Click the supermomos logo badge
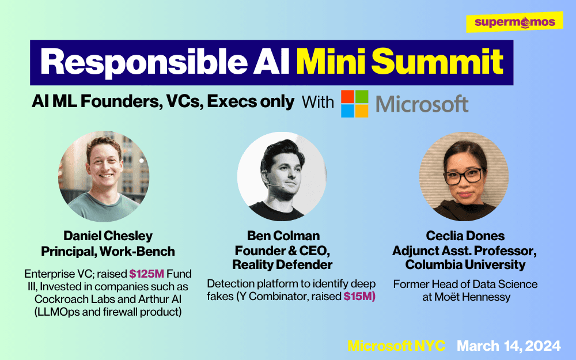[514, 22]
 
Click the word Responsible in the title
[144, 62]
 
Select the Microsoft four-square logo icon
[354, 104]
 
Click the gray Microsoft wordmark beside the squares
[422, 104]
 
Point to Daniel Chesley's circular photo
[104, 176]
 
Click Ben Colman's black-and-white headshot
[282, 176]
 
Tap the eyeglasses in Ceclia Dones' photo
[464, 176]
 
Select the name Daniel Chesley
[108, 236]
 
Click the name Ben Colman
[283, 236]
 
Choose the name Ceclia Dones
[465, 236]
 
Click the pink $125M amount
[146, 274]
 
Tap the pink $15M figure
[359, 296]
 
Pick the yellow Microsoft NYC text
[396, 346]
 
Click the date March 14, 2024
[509, 346]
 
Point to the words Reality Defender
[282, 264]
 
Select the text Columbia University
[465, 264]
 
